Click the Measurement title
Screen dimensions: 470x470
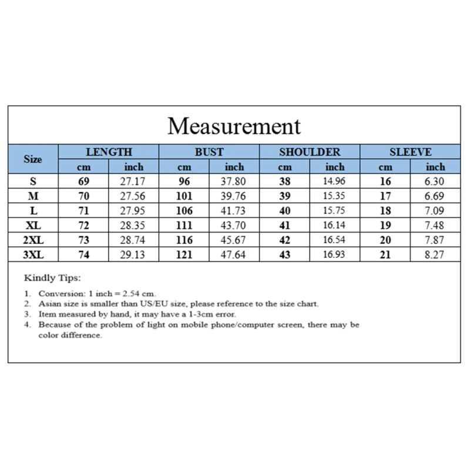tap(234, 126)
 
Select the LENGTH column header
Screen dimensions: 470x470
tap(109, 152)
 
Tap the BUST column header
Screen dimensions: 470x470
tap(209, 152)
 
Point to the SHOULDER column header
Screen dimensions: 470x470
tap(310, 152)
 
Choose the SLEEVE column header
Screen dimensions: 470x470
tap(411, 152)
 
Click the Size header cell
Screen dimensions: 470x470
tap(33, 159)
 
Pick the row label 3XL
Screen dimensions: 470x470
tap(33, 254)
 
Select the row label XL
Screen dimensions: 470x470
tap(33, 225)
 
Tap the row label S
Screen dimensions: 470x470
tap(33, 182)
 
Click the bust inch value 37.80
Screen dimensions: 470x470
tap(234, 182)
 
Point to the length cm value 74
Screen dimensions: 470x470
tap(83, 254)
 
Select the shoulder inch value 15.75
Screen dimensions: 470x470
tap(334, 210)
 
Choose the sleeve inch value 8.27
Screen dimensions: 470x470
tap(435, 254)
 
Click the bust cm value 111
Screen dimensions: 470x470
tap(184, 225)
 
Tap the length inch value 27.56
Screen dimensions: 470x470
tap(134, 196)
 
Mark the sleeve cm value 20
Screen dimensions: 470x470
tap(385, 240)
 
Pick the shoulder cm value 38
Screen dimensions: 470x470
tap(284, 182)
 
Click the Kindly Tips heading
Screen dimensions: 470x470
tap(52, 278)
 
